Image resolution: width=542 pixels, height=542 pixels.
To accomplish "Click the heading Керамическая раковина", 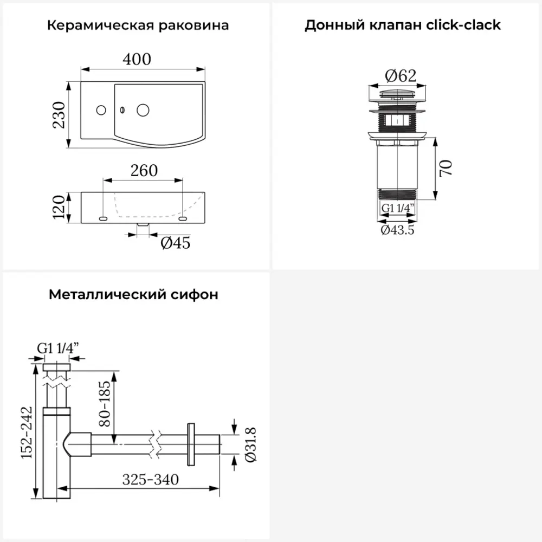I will [x=138, y=25].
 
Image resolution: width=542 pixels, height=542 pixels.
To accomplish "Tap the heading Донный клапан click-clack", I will [x=402, y=25].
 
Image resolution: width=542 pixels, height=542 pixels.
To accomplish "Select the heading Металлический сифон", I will [x=133, y=295].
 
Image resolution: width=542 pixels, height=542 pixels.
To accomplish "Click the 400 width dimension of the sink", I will [x=137, y=59].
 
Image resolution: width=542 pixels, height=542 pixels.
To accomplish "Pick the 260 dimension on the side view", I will [x=144, y=171].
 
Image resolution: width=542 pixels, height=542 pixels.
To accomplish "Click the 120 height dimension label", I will [x=59, y=207].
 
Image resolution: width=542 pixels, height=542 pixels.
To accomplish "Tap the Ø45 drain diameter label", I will [x=175, y=243].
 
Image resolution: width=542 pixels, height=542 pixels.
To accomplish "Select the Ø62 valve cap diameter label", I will [x=401, y=76].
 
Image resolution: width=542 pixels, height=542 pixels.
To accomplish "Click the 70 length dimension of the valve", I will [x=446, y=168].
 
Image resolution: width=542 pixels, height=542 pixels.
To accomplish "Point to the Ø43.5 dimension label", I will [x=397, y=229].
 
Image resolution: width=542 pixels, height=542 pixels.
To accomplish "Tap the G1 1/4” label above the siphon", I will [x=57, y=349].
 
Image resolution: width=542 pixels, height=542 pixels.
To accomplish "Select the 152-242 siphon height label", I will [x=27, y=433].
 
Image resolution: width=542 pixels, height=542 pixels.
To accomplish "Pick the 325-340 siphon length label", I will [x=150, y=480].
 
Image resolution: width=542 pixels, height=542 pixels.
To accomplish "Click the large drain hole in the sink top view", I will [x=143, y=110].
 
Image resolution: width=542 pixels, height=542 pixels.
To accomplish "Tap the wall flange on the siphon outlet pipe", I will [x=190, y=443].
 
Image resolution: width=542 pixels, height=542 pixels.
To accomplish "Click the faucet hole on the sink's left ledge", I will [x=100, y=110].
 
